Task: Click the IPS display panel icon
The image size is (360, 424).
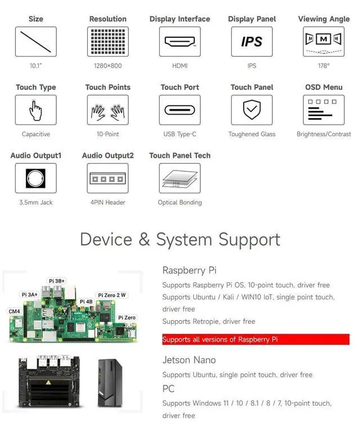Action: point(251,42)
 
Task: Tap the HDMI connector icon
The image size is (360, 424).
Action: point(179,42)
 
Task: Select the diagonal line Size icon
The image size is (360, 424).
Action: point(35,42)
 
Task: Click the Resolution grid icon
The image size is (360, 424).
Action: point(107,42)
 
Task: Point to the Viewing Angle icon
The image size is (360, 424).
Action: point(323,42)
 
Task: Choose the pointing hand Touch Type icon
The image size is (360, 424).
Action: point(35,110)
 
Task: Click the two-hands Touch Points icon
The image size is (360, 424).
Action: point(107,110)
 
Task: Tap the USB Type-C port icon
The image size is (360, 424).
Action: point(179,110)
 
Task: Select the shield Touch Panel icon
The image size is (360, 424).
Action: point(251,110)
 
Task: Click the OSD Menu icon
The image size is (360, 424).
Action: point(323,110)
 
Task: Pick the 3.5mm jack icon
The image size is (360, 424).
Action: point(35,178)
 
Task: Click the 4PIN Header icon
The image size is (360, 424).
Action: point(107,178)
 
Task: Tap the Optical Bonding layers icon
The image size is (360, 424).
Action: point(179,178)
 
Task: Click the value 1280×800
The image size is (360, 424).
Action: point(107,66)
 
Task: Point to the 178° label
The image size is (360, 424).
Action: point(323,66)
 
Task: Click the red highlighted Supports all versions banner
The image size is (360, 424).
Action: point(255,340)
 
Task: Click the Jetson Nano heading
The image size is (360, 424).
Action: point(189,360)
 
